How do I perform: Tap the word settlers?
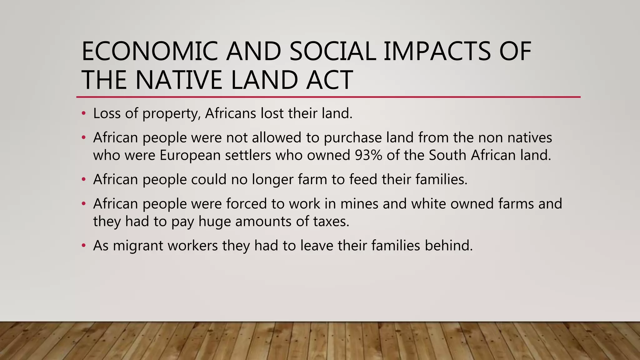[x=248, y=155]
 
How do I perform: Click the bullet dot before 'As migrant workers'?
[x=83, y=246]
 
